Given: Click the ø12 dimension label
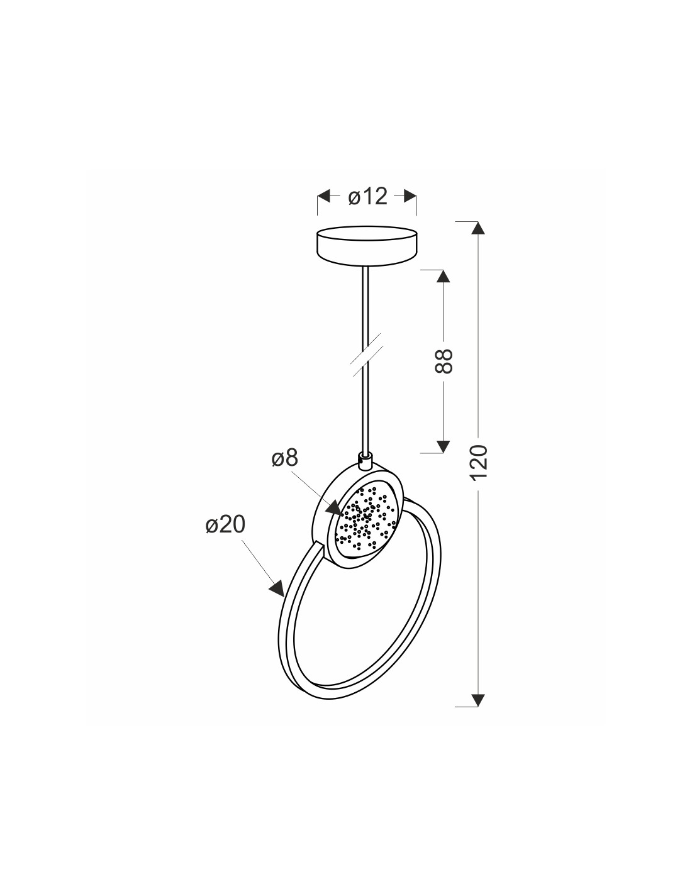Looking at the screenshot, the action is (367, 196).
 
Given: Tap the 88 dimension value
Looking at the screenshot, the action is (444, 361).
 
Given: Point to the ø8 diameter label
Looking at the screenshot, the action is (284, 458).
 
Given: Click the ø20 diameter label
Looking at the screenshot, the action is (225, 524).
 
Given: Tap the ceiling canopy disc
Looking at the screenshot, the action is (366, 246).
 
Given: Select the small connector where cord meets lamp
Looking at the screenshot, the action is (365, 460).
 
